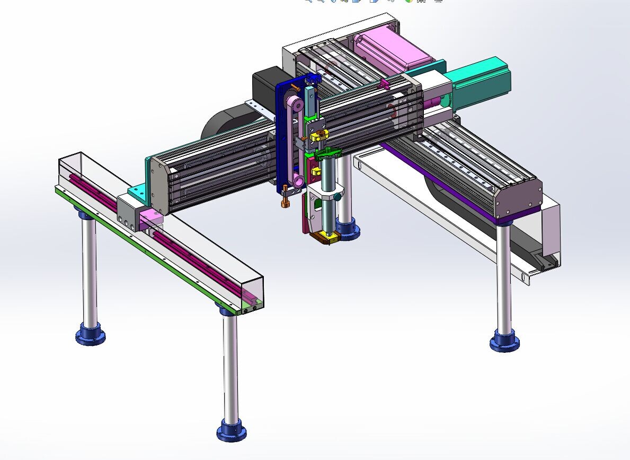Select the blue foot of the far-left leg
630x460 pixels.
[90, 335]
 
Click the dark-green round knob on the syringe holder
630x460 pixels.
[337, 196]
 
